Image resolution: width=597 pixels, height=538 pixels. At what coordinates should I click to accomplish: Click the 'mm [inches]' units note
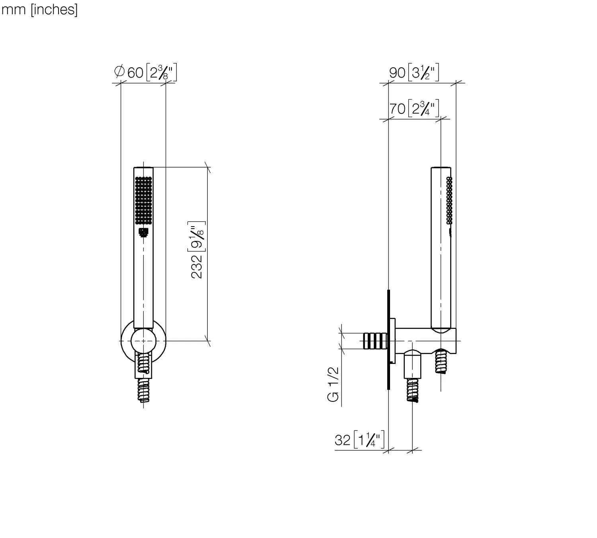(x=39, y=10)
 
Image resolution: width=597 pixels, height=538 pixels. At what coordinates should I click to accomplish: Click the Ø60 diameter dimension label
(x=129, y=72)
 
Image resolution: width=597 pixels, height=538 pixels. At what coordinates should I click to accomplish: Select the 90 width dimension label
(x=397, y=73)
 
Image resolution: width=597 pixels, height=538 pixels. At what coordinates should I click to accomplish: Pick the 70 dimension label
(x=397, y=108)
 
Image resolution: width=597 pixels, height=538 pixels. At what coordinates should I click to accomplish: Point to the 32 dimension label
(x=343, y=440)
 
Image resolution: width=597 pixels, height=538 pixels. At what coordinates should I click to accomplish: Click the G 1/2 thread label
(x=334, y=384)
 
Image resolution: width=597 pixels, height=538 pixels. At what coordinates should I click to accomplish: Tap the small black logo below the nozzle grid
(x=143, y=233)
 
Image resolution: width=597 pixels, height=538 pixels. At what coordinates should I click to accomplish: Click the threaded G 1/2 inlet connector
(x=374, y=341)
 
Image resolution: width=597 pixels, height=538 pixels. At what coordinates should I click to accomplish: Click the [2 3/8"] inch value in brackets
(x=161, y=73)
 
